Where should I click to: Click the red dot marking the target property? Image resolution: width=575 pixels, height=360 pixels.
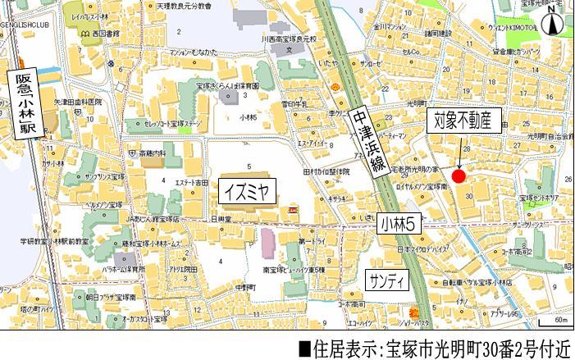click(459, 177)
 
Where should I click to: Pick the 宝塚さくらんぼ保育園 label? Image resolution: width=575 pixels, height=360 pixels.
click(228, 85)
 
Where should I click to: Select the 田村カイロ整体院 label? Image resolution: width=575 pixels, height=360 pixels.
click(326, 171)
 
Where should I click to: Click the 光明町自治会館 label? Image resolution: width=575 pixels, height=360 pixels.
click(547, 134)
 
